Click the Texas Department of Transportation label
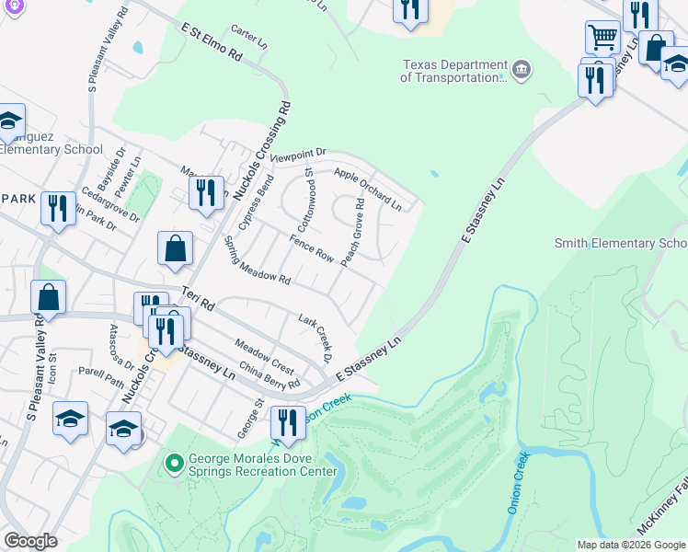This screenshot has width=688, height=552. tap(453, 72)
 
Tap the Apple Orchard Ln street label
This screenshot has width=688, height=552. tap(368, 188)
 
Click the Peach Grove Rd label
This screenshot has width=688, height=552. tap(353, 235)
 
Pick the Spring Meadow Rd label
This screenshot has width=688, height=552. tap(258, 260)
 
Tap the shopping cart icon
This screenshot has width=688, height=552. tap(602, 38)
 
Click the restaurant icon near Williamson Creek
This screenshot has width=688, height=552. tap(288, 423)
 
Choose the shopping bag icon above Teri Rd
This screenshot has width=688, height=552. tap(175, 248)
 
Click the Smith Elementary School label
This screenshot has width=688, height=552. tap(621, 243)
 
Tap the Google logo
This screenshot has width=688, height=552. tap(30, 541)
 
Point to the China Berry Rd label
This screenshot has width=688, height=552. tap(269, 376)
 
